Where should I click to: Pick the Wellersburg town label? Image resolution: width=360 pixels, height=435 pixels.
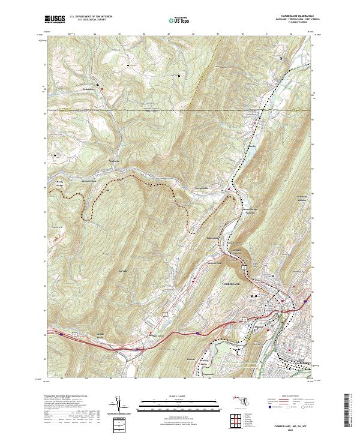pos(89,90)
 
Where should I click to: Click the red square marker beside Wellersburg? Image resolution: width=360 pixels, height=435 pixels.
pos(103,89)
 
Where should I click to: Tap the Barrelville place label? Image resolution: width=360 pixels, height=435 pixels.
pos(114,160)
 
